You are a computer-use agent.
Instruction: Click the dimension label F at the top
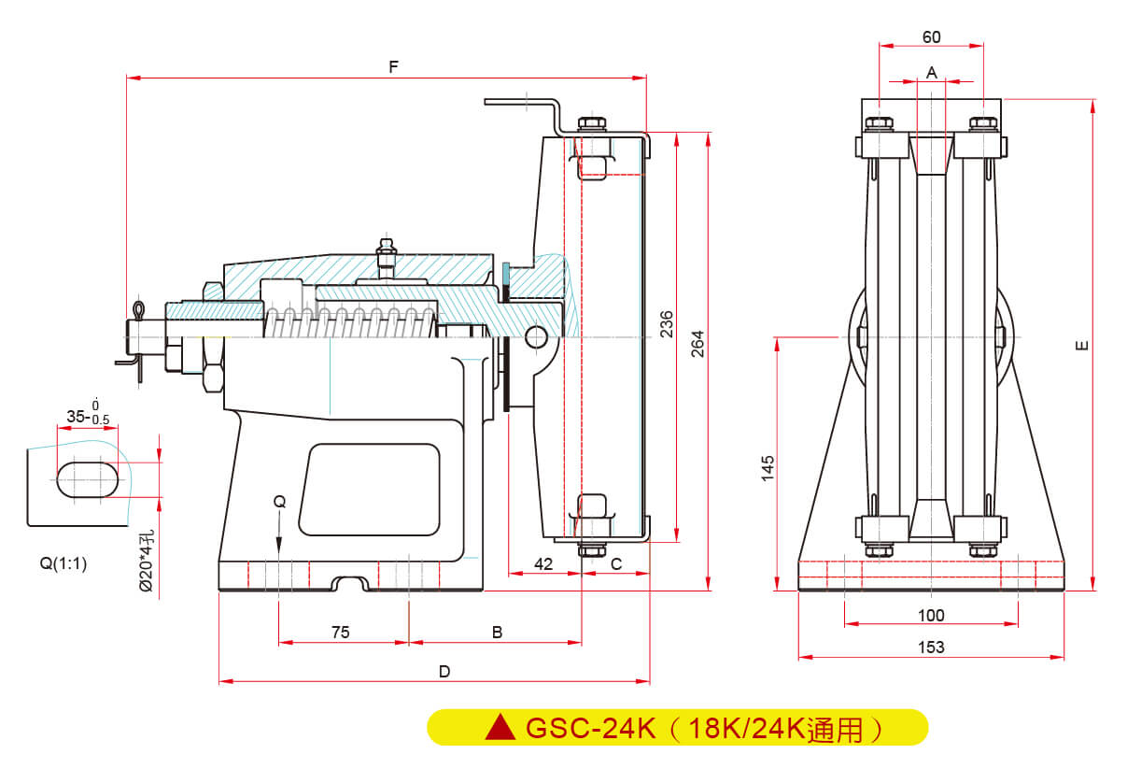[x=394, y=67]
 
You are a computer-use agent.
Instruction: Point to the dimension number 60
[x=931, y=37]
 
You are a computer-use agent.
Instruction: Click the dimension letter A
[x=931, y=71]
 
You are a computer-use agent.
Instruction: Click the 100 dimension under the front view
[x=931, y=615]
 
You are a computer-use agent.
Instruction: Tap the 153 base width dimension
[x=931, y=647]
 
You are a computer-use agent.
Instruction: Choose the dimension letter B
[x=498, y=633]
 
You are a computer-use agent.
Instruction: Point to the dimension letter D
[x=444, y=671]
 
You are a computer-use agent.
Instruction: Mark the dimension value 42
[x=542, y=562]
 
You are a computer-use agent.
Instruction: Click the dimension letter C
[x=616, y=562]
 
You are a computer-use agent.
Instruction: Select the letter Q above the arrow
[x=279, y=502]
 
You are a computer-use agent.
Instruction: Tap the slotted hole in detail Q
[x=88, y=477]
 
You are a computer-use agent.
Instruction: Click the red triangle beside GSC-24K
[x=501, y=727]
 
